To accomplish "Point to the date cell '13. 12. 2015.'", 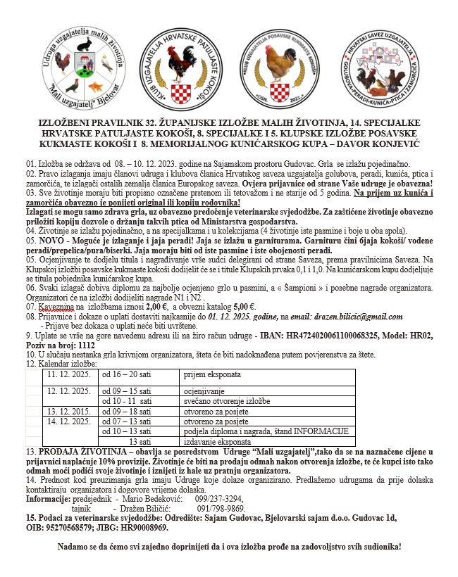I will (68, 411).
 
